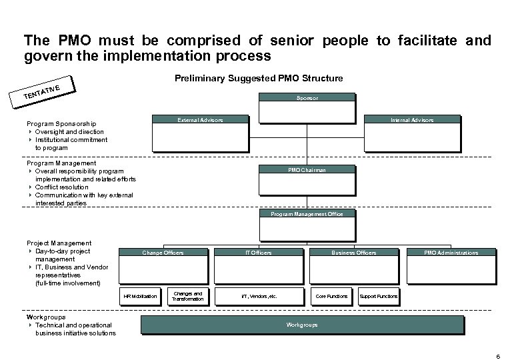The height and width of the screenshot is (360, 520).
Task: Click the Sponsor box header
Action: (x=307, y=98)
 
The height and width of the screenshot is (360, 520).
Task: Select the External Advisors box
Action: (x=199, y=120)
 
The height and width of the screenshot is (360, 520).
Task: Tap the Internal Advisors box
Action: (x=413, y=120)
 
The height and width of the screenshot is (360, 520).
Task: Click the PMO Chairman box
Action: (x=307, y=170)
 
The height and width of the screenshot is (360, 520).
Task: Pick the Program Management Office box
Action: (x=307, y=214)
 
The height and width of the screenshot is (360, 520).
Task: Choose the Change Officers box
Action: (x=163, y=253)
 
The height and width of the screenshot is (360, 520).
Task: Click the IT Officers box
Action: (x=259, y=253)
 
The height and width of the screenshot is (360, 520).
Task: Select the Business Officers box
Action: (x=354, y=253)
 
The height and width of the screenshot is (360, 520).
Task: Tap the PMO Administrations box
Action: (x=451, y=253)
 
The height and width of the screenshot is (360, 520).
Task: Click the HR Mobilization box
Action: (x=140, y=296)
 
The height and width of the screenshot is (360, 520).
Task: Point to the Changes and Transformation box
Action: (x=187, y=296)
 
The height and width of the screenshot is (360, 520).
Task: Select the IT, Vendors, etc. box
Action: (x=259, y=296)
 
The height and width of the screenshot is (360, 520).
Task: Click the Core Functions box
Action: (x=331, y=296)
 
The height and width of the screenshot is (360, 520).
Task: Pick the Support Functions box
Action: (x=378, y=296)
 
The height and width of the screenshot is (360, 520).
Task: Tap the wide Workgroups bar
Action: (x=302, y=325)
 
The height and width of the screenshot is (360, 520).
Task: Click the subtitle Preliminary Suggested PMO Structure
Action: (x=259, y=79)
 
